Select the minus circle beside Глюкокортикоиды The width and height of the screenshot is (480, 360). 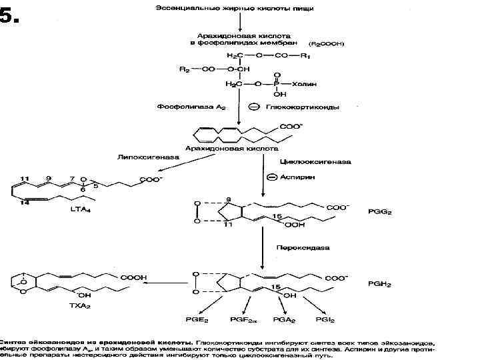(x=254, y=107)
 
